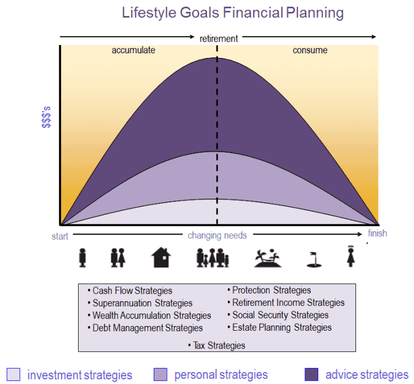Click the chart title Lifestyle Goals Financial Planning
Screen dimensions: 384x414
point(232,12)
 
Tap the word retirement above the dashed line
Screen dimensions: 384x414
point(218,38)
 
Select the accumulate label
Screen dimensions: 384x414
point(133,50)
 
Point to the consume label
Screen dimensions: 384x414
point(310,50)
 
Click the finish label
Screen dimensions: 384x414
point(377,233)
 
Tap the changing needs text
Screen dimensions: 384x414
point(217,235)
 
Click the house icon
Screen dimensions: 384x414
point(161,257)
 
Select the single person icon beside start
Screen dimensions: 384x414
point(83,257)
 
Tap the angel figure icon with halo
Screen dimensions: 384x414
point(350,256)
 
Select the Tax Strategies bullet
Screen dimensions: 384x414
point(216,345)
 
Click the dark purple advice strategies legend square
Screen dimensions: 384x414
point(311,375)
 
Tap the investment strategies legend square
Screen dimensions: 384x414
point(13,375)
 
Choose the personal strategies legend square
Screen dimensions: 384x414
point(160,375)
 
